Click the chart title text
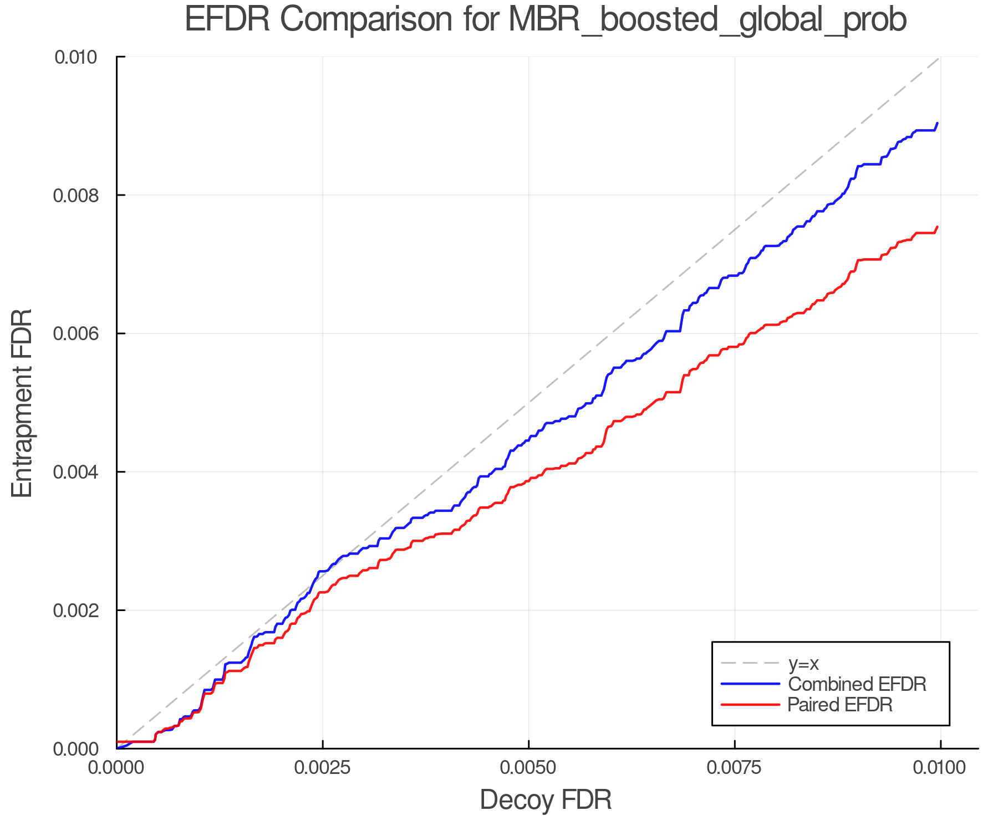pyautogui.click(x=546, y=20)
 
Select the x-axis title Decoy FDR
pyautogui.click(x=546, y=800)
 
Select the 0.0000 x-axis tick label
pyautogui.click(x=116, y=768)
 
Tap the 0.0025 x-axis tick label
pyautogui.click(x=323, y=768)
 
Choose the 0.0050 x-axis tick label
pyautogui.click(x=528, y=768)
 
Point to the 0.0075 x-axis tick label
pyautogui.click(x=735, y=768)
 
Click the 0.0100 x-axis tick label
pyautogui.click(x=940, y=768)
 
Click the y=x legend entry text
pyautogui.click(x=803, y=663)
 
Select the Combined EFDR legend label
pyautogui.click(x=857, y=684)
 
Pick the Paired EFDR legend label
pyautogui.click(x=840, y=705)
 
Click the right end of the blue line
pyautogui.click(x=937, y=124)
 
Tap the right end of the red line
pyautogui.click(x=937, y=227)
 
